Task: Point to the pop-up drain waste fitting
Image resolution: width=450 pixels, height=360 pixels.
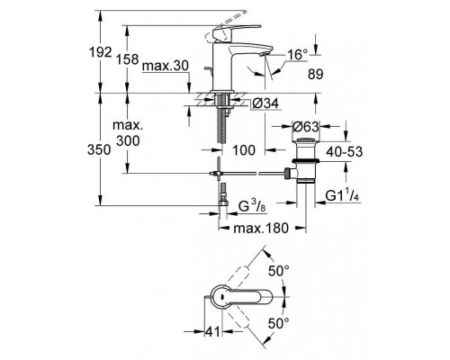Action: (x=305, y=167)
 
